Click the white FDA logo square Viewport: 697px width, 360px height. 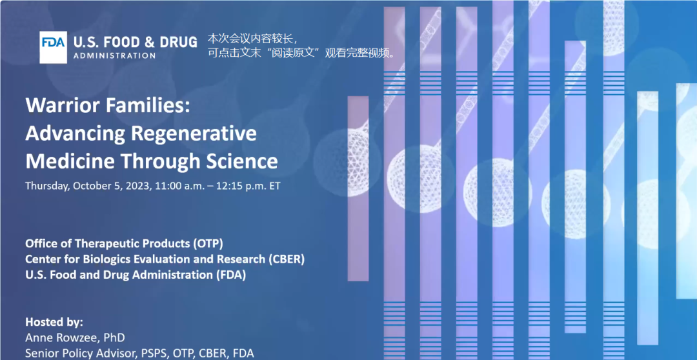[54, 47]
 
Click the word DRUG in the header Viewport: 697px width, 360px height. [178, 42]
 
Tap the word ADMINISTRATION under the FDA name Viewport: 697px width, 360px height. [114, 56]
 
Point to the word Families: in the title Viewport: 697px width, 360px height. [146, 105]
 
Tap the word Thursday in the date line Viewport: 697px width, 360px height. [47, 186]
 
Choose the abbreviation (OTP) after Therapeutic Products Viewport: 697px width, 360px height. [208, 244]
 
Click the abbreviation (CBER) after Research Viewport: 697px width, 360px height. [287, 259]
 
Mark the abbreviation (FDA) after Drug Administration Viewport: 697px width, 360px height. [230, 275]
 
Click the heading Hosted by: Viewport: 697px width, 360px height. [54, 322]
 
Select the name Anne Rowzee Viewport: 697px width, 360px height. [57, 338]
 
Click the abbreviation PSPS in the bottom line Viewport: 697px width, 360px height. [141, 354]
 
